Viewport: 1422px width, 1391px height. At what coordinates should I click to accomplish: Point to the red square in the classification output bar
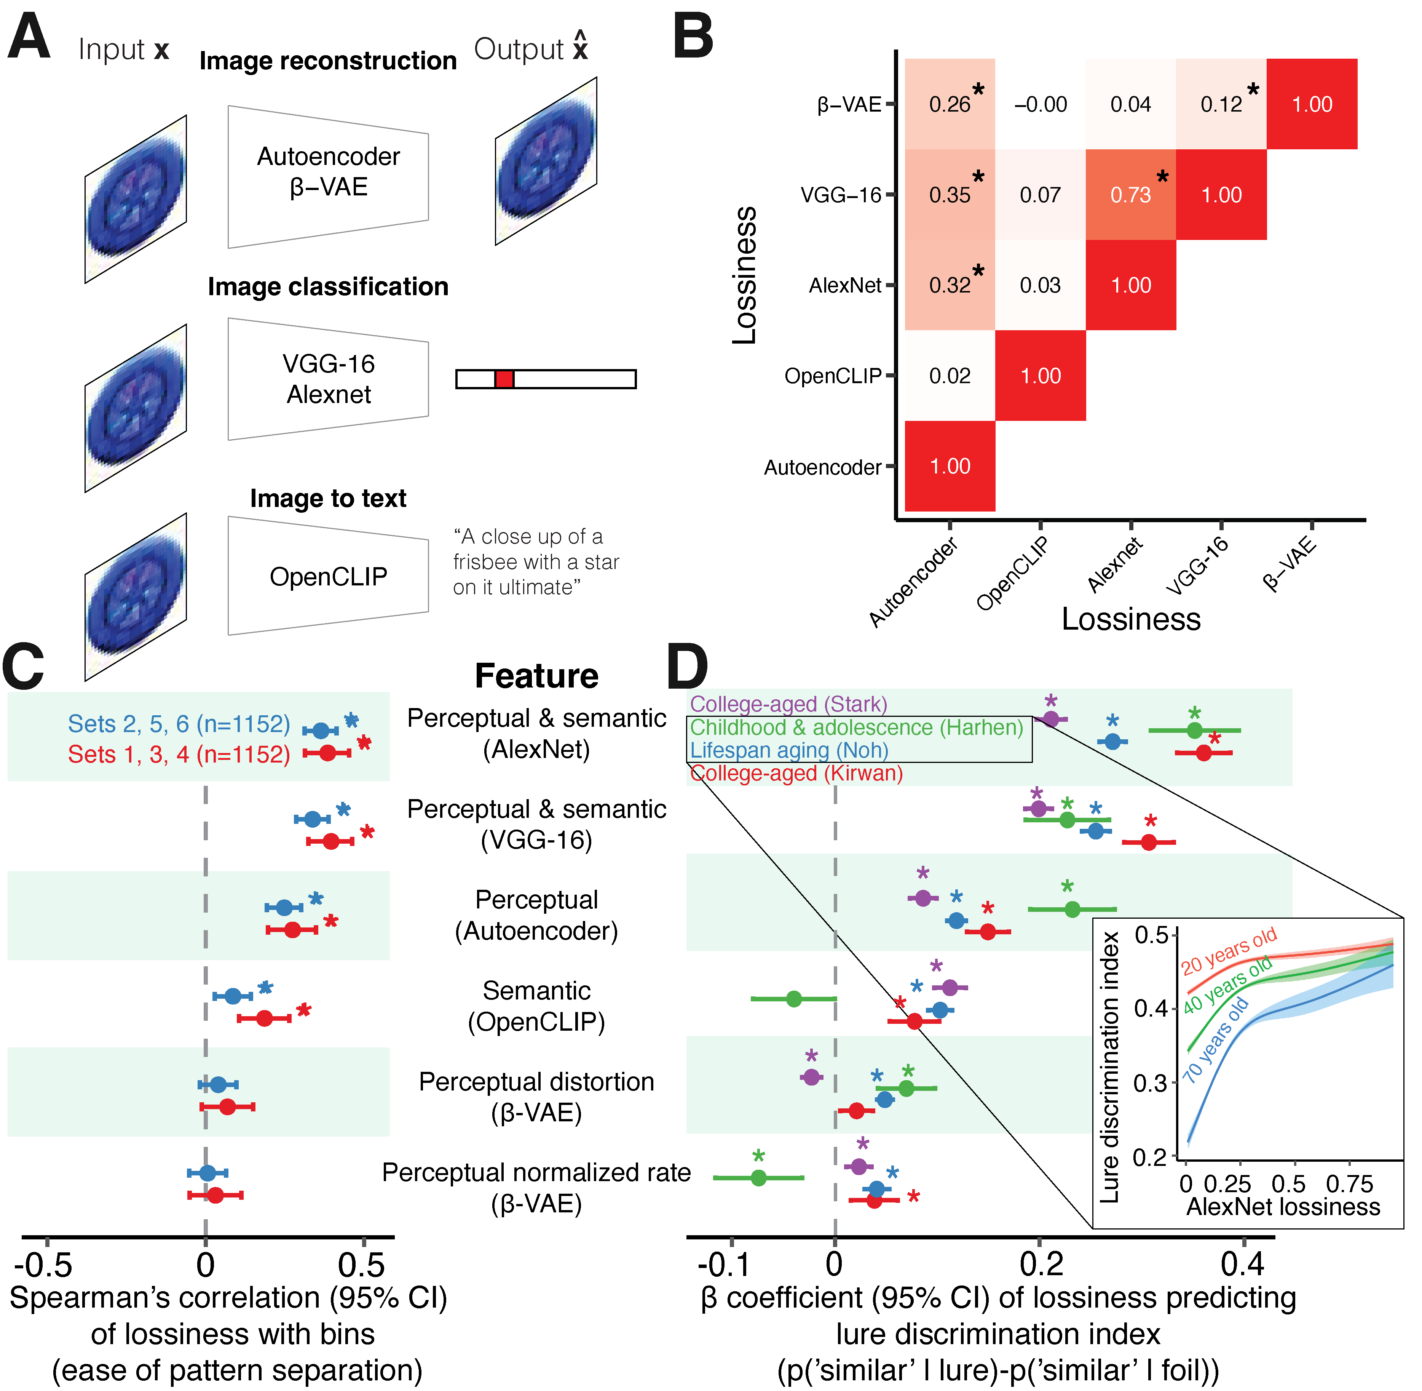coord(504,379)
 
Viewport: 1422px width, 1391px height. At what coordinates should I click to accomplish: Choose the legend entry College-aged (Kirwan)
coord(796,773)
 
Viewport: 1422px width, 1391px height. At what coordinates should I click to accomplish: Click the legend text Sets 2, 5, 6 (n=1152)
coord(179,724)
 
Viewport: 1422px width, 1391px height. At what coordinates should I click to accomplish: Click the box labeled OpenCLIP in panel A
coord(328,576)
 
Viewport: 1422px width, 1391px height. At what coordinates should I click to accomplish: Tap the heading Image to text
coord(328,498)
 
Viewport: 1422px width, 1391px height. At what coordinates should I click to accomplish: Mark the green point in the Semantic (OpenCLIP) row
coord(794,999)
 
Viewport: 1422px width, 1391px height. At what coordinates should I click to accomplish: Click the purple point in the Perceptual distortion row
coord(811,1077)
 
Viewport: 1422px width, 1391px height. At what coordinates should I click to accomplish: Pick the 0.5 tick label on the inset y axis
coord(1150,935)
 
